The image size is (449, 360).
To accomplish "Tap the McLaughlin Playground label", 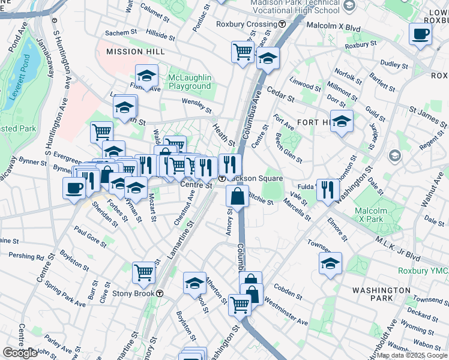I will (x=190, y=82).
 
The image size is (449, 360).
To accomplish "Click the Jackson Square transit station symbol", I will (x=221, y=178).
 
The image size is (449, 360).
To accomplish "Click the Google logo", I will (x=20, y=352).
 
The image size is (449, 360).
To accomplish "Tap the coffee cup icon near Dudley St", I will (x=421, y=34).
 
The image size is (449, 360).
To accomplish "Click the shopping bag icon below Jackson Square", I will (x=238, y=196).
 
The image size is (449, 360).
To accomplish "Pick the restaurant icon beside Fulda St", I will (x=327, y=190).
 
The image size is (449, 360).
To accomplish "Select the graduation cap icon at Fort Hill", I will (x=342, y=121).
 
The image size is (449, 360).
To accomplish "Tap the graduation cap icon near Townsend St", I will (x=330, y=263).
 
